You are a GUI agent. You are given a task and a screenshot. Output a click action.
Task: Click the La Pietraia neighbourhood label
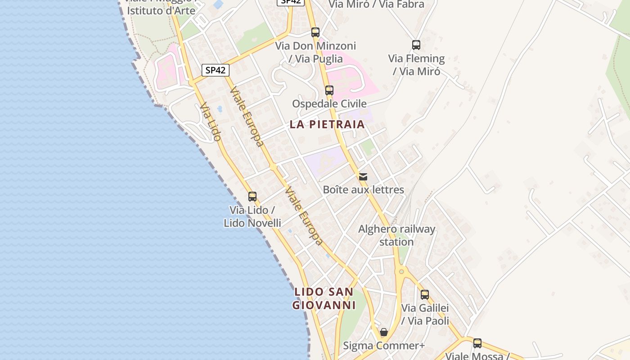[x=327, y=124]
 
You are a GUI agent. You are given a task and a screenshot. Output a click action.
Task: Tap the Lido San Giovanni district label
[x=324, y=298]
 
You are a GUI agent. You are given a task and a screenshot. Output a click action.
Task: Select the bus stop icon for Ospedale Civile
[x=329, y=90]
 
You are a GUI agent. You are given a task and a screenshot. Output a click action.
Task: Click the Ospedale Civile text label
[x=329, y=104]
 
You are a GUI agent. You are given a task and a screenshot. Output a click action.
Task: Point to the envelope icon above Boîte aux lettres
[x=363, y=176]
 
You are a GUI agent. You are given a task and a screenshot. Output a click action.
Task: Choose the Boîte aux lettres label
[x=364, y=189]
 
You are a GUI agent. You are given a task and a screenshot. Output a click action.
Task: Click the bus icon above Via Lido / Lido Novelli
[x=252, y=197]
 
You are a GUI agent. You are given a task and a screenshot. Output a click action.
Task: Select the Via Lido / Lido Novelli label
[x=252, y=216]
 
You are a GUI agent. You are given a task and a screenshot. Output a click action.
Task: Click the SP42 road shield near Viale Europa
[x=215, y=70]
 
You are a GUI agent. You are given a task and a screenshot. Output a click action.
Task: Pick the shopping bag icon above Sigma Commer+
[x=384, y=333]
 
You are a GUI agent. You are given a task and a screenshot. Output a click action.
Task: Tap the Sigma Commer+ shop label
[x=384, y=346]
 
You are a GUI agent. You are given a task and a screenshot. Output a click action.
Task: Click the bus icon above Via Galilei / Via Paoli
[x=425, y=295]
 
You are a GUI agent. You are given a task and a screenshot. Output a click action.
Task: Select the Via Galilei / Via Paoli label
[x=425, y=315]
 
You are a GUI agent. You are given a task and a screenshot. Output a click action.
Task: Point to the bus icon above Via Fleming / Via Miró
[x=416, y=45]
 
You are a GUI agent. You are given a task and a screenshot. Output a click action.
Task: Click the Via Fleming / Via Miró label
[x=416, y=65]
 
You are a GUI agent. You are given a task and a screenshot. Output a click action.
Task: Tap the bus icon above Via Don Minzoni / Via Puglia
[x=315, y=32]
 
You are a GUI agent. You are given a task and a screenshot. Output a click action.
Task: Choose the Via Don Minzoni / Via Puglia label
[x=315, y=52]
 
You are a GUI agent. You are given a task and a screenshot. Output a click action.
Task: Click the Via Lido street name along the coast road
[x=211, y=121]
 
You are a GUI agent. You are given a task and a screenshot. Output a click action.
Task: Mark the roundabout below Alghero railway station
[x=400, y=271]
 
